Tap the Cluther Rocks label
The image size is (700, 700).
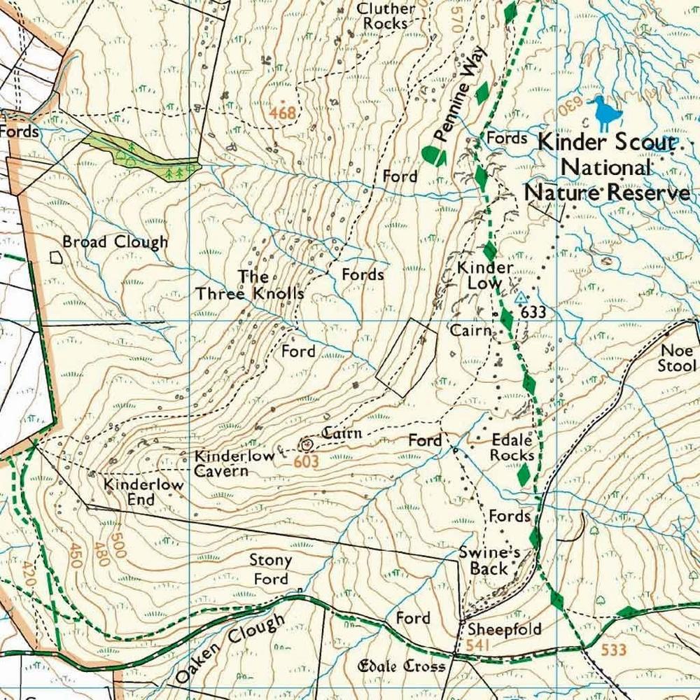pyautogui.click(x=386, y=16)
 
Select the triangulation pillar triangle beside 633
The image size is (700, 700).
pyautogui.click(x=520, y=297)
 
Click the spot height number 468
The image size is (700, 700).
pyautogui.click(x=283, y=113)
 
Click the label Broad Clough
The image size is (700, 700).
pyautogui.click(x=115, y=242)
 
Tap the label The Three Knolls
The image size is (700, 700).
pyautogui.click(x=249, y=285)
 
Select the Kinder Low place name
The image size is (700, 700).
pyautogui.click(x=485, y=275)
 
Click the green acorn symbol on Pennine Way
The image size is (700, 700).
pyautogui.click(x=434, y=155)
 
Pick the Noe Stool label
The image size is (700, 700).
pyautogui.click(x=676, y=358)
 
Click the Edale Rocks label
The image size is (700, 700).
pyautogui.click(x=512, y=448)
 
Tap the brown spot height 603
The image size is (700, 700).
pyautogui.click(x=306, y=461)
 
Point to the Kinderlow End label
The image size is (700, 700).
pyautogui.click(x=143, y=492)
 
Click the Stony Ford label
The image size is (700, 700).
pyautogui.click(x=271, y=570)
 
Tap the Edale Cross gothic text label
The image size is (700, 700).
pyautogui.click(x=401, y=666)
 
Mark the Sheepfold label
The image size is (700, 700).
pyautogui.click(x=505, y=629)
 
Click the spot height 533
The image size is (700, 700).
pyautogui.click(x=613, y=650)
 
